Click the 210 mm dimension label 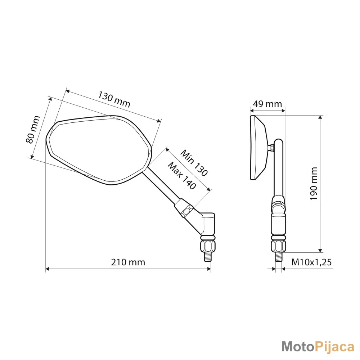click(x=128, y=262)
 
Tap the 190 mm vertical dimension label click(x=314, y=184)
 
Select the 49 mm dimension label click(x=267, y=104)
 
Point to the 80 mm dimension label click(x=33, y=130)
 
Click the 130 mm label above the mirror click(x=114, y=99)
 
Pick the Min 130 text click(x=194, y=163)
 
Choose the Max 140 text click(x=182, y=176)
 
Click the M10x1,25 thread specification click(x=311, y=262)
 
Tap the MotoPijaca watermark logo click(x=318, y=347)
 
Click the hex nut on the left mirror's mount click(x=208, y=246)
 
